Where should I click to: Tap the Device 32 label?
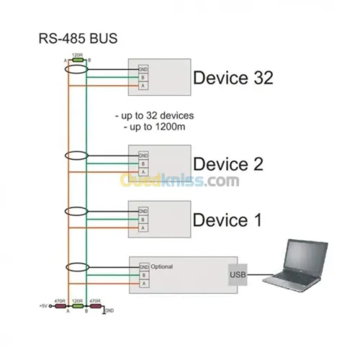pos(233,78)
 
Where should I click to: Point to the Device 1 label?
pos(228,219)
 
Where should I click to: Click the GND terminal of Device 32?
pos(143,70)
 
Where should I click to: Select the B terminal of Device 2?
pos(143,164)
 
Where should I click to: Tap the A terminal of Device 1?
pos(143,227)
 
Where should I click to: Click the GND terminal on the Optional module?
pos(143,267)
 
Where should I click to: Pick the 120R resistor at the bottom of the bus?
pos(76,305)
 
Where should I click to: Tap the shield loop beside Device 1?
pos(76,211)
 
